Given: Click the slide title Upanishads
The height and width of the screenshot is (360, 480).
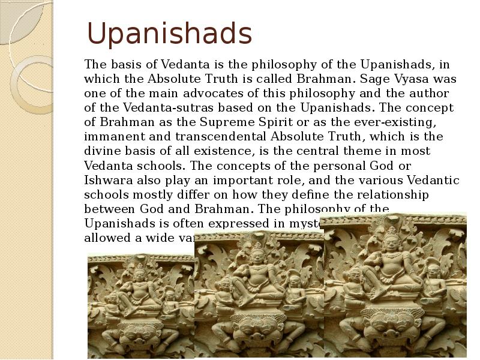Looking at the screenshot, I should (170, 34).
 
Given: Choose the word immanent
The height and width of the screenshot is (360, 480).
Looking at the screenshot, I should (113, 137).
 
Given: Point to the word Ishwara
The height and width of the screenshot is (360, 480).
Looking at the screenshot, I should (108, 180).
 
